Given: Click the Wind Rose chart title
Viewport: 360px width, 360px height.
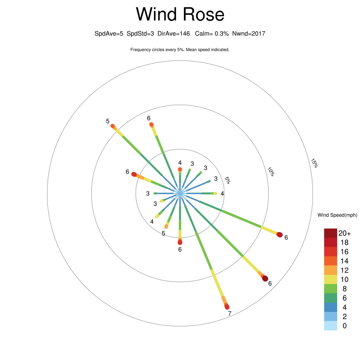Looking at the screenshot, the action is click(180, 14).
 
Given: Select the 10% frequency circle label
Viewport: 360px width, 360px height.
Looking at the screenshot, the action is click(271, 172).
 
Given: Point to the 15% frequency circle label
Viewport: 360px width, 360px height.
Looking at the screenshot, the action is click(314, 163).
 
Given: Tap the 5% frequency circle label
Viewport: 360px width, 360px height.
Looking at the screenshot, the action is click(227, 180).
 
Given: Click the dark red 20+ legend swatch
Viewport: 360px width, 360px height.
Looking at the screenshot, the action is click(330, 233).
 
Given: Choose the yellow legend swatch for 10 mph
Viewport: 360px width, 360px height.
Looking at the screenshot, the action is click(330, 279).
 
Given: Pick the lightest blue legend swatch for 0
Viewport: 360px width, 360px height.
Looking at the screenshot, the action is click(330, 326).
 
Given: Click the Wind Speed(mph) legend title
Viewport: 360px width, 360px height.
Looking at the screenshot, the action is click(337, 215).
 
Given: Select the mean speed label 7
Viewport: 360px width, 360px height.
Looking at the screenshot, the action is click(230, 314).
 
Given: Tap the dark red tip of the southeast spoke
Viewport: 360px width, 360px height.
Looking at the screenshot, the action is click(265, 278).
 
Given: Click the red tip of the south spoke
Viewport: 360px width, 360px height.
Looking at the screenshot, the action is click(180, 242).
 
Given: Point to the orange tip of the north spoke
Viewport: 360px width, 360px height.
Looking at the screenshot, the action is click(180, 169).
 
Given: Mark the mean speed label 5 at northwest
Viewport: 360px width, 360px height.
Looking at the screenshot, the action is click(108, 121).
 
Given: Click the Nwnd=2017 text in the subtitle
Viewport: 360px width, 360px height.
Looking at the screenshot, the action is click(249, 34).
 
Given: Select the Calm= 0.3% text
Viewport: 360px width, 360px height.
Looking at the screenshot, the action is click(212, 34).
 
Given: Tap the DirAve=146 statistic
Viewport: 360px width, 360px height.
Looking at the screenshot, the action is click(174, 34).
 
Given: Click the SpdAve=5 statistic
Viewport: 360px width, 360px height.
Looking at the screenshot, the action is click(109, 34).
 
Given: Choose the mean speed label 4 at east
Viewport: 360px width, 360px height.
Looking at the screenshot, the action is click(222, 194).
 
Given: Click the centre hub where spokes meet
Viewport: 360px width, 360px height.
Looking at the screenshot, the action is click(180, 193).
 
